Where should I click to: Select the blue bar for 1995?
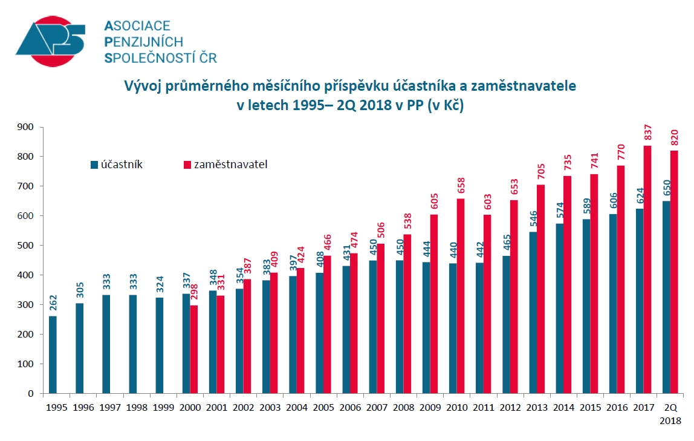[53, 354]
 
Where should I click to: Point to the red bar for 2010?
[461, 296]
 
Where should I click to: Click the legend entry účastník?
[117, 164]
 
